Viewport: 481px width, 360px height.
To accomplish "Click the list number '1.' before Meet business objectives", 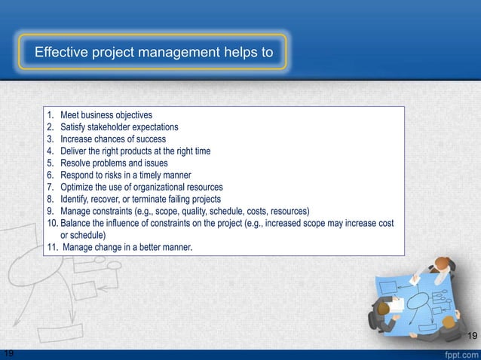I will tap(51, 115).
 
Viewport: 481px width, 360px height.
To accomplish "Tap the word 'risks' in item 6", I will tap(119, 175).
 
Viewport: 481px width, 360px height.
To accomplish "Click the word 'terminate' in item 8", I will tap(154, 200).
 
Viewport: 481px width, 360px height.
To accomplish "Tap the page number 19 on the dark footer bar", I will tap(8, 353).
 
